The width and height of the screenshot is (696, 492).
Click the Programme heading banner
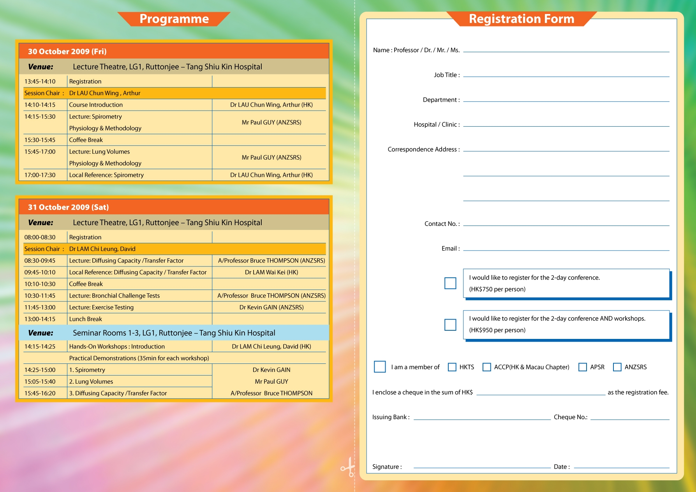[174, 19]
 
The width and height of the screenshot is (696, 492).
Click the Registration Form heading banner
[521, 19]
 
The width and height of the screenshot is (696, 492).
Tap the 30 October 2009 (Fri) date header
[67, 51]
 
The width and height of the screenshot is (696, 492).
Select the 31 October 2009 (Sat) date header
[68, 207]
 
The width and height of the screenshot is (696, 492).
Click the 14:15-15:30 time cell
[40, 116]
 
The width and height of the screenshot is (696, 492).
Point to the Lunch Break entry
[85, 319]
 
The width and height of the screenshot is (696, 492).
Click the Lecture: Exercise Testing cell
[101, 307]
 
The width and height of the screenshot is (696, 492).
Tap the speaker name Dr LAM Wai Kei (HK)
[271, 272]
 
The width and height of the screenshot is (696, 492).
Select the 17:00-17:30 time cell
[40, 175]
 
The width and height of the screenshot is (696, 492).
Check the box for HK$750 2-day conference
[450, 283]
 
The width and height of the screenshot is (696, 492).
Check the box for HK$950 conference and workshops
[450, 324]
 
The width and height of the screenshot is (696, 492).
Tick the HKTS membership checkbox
[452, 367]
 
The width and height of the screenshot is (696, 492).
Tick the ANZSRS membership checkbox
[617, 367]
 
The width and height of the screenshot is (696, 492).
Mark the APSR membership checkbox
[583, 367]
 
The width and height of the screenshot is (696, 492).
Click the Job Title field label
[446, 75]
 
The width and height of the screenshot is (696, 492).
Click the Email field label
[450, 249]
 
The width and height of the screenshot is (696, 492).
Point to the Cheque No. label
[570, 417]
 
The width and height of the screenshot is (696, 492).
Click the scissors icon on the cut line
[348, 467]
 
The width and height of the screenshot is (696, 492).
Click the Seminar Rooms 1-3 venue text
[174, 333]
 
